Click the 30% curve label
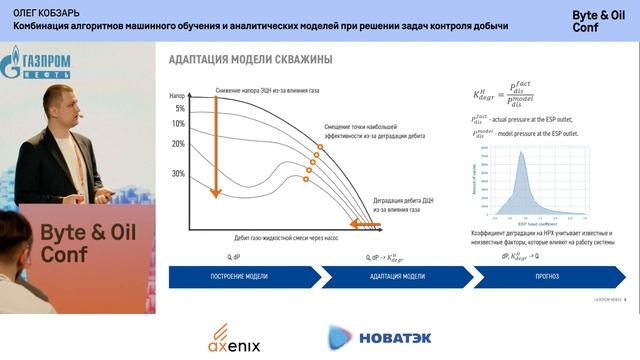pyautogui.click(x=178, y=173)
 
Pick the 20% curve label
pyautogui.click(x=178, y=144)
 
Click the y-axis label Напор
pyautogui.click(x=180, y=95)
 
